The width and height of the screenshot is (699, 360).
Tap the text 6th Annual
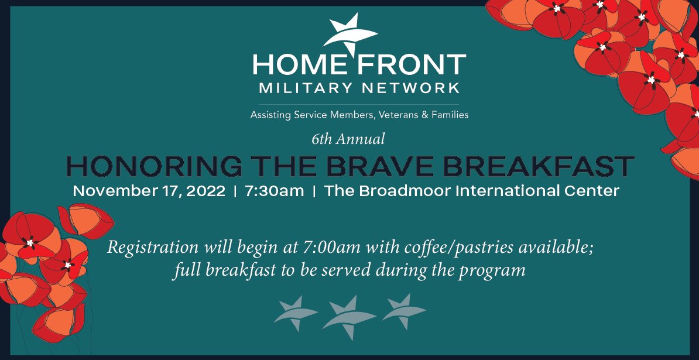pos(348,139)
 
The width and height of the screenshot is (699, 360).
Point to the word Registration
pos(154,248)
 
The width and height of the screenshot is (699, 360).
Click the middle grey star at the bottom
pos(349,316)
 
